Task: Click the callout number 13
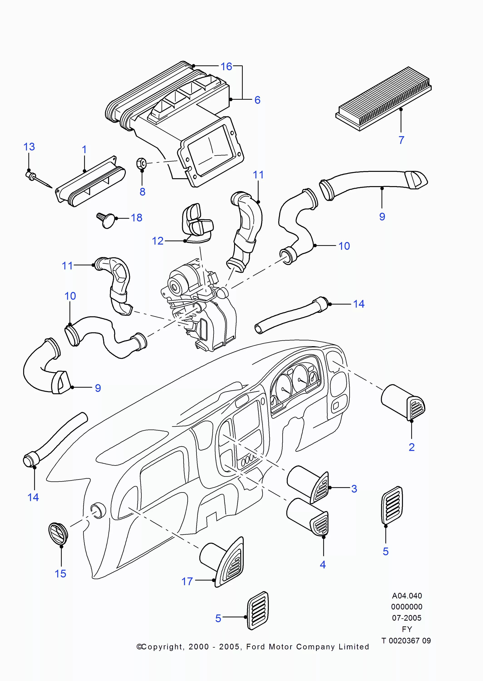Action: point(29,147)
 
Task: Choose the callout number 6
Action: point(257,100)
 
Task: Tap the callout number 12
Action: point(158,241)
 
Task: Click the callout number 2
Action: point(411,447)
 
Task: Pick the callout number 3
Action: point(354,489)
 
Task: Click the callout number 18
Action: point(136,218)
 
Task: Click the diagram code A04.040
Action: point(406,596)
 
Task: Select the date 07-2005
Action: point(406,618)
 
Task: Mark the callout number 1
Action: point(84,150)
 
